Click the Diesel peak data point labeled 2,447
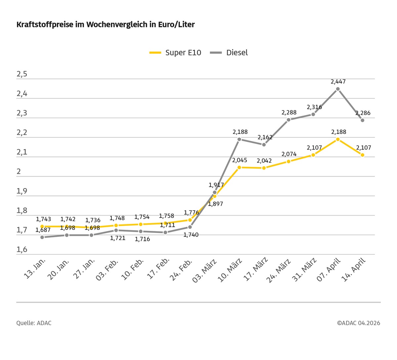[338, 89]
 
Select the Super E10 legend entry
[175, 53]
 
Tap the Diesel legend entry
[229, 53]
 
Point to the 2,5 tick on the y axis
[22, 74]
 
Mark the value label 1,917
[216, 185]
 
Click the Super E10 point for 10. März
[239, 167]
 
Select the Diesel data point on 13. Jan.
[42, 237]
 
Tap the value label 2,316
[314, 107]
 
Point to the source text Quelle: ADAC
[34, 323]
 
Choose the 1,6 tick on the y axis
[22, 250]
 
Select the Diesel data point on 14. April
[363, 120]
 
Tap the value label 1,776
[191, 213]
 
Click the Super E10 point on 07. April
[338, 139]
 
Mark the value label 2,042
[264, 161]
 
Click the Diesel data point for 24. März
[288, 120]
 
